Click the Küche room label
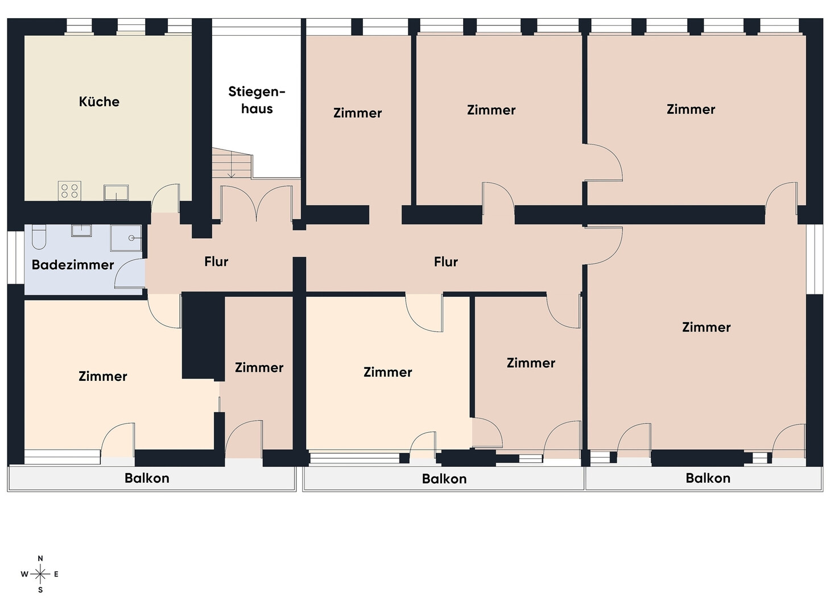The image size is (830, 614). point(99,101)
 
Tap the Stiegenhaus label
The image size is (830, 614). point(257,100)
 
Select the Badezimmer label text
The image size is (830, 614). point(73,265)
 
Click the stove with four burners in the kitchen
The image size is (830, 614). point(69,190)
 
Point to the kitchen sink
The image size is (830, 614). point(116,192)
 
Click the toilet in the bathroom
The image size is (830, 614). point(39,237)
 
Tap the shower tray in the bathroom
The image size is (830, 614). point(126,238)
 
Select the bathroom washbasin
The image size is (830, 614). point(81,230)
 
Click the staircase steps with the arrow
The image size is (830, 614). point(232,163)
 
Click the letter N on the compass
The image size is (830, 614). point(40,558)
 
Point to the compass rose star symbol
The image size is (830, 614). point(40,574)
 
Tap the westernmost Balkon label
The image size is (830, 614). point(147,478)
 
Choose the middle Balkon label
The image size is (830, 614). point(444,479)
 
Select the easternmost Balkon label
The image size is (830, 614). point(708,478)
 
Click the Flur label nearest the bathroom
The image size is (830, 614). point(216,262)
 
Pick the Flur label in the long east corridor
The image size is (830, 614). point(445,262)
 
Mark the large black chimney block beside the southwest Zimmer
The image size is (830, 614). point(203,336)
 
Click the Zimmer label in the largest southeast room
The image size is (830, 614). point(706,327)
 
